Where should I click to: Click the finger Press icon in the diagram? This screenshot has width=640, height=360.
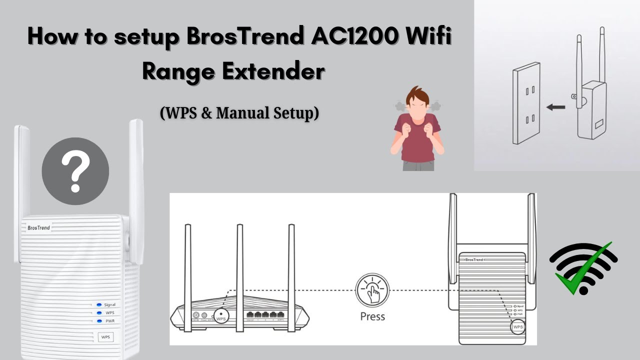pyautogui.click(x=372, y=290)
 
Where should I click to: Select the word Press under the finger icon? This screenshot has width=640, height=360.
pyautogui.click(x=372, y=316)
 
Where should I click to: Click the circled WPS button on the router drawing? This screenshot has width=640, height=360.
pyautogui.click(x=220, y=316)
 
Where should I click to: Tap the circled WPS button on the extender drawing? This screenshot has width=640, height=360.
pyautogui.click(x=518, y=327)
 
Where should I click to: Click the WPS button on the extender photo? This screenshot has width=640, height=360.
pyautogui.click(x=105, y=337)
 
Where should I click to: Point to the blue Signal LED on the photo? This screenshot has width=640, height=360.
pyautogui.click(x=99, y=304)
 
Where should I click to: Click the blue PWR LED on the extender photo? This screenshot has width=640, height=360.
pyautogui.click(x=99, y=321)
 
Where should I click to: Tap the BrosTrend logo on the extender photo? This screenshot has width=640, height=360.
pyautogui.click(x=38, y=227)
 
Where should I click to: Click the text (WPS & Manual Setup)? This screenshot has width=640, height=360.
pyautogui.click(x=239, y=113)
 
